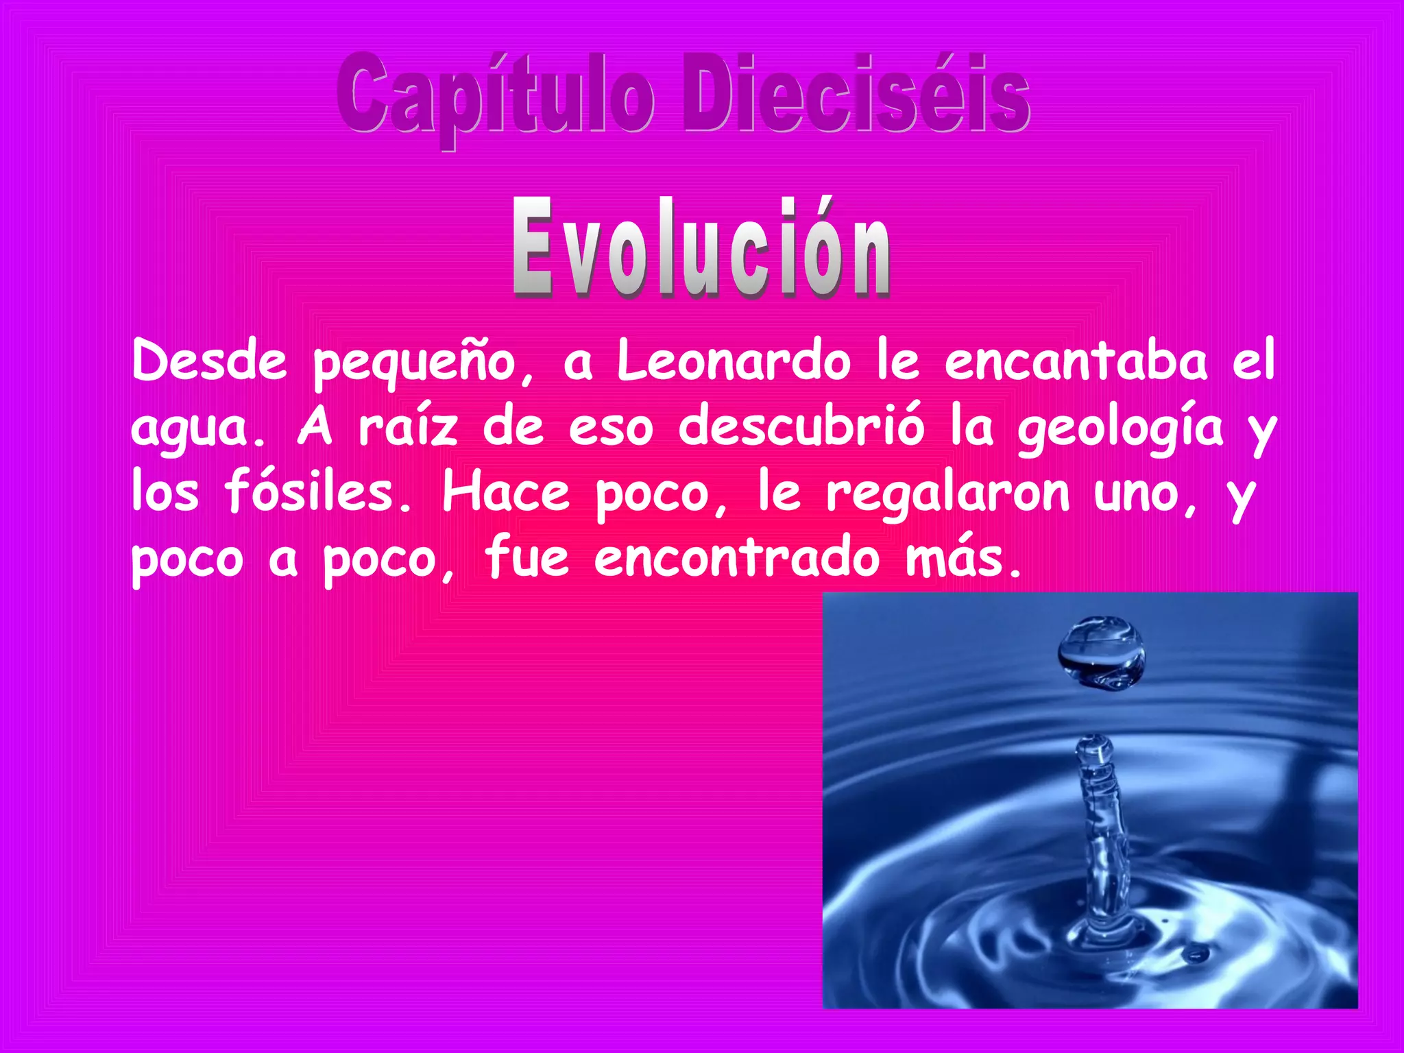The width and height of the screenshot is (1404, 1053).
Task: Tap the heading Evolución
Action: click(701, 248)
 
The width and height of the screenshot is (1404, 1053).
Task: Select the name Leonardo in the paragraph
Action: click(734, 362)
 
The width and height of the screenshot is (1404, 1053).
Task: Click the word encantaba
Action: click(1076, 361)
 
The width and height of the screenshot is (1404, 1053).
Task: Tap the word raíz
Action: click(408, 426)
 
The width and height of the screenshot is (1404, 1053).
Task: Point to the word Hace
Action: click(506, 492)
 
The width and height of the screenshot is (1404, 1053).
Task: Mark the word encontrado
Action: click(737, 557)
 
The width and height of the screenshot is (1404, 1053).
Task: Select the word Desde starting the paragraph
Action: click(209, 361)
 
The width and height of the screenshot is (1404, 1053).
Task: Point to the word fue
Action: click(526, 557)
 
